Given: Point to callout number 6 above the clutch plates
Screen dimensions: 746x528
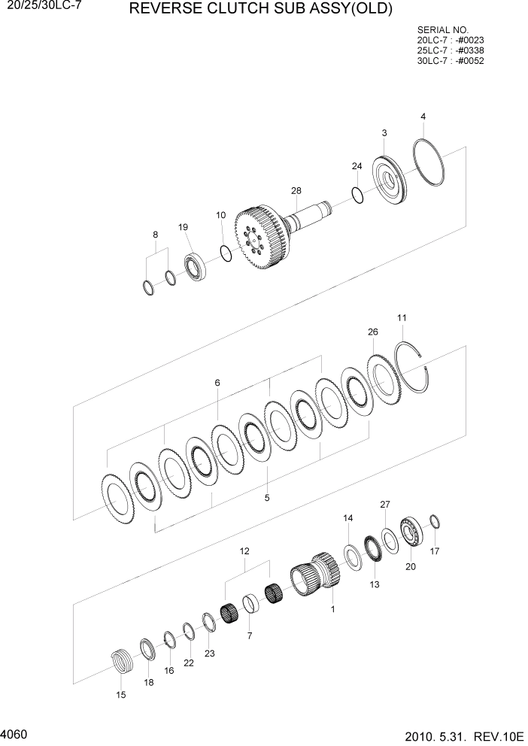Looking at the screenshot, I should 217,383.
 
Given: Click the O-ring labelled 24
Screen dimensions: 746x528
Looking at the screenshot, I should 358,195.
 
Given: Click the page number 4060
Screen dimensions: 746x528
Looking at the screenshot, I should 16,732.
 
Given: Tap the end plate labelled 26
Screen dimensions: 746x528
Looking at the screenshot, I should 383,381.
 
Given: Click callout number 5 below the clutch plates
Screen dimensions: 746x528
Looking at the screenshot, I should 266,497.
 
